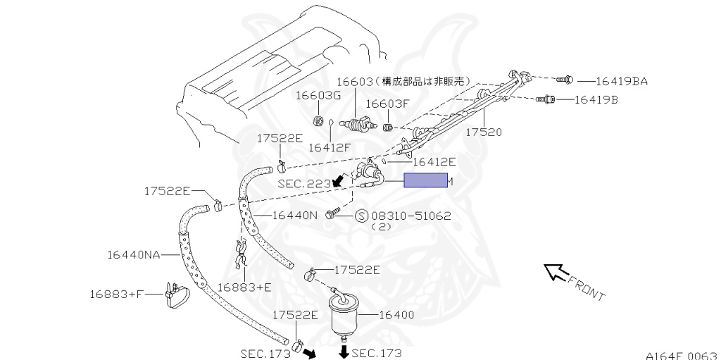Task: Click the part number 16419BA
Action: click(622, 81)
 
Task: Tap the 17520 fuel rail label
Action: click(484, 132)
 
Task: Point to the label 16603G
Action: click(318, 95)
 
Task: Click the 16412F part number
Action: click(329, 147)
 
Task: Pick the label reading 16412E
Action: click(434, 161)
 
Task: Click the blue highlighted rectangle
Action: click(425, 182)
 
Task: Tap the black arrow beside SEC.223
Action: click(339, 182)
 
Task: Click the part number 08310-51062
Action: click(411, 216)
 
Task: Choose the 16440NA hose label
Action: click(134, 254)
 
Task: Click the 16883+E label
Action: click(244, 287)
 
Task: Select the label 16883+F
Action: click(116, 294)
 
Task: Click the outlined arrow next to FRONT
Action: click(557, 273)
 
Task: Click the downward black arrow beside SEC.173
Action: click(344, 352)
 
